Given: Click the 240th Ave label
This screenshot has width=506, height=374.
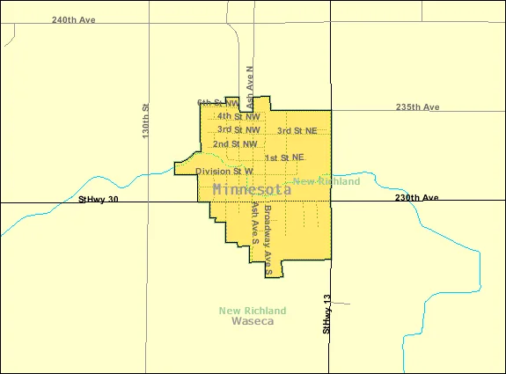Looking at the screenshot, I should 73,18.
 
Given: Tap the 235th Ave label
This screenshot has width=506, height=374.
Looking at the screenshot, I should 417,107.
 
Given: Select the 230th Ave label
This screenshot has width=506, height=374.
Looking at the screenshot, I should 416,198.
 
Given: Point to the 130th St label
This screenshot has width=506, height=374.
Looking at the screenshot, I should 147,120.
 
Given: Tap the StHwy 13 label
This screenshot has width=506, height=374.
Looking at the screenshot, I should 326,314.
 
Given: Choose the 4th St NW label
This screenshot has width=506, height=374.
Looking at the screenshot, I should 238,116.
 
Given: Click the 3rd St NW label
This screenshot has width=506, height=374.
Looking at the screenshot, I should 238,129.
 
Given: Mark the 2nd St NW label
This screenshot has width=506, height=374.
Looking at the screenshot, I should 235,143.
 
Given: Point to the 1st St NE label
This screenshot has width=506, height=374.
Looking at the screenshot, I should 284,158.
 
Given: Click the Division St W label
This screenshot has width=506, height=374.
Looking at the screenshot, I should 224,171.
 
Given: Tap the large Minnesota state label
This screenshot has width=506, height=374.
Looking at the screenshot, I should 253,189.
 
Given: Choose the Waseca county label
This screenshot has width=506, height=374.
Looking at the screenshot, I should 253,322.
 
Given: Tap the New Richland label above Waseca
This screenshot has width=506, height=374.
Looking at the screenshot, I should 253,311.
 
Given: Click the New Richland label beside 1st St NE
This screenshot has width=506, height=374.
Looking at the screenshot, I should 326,181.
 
